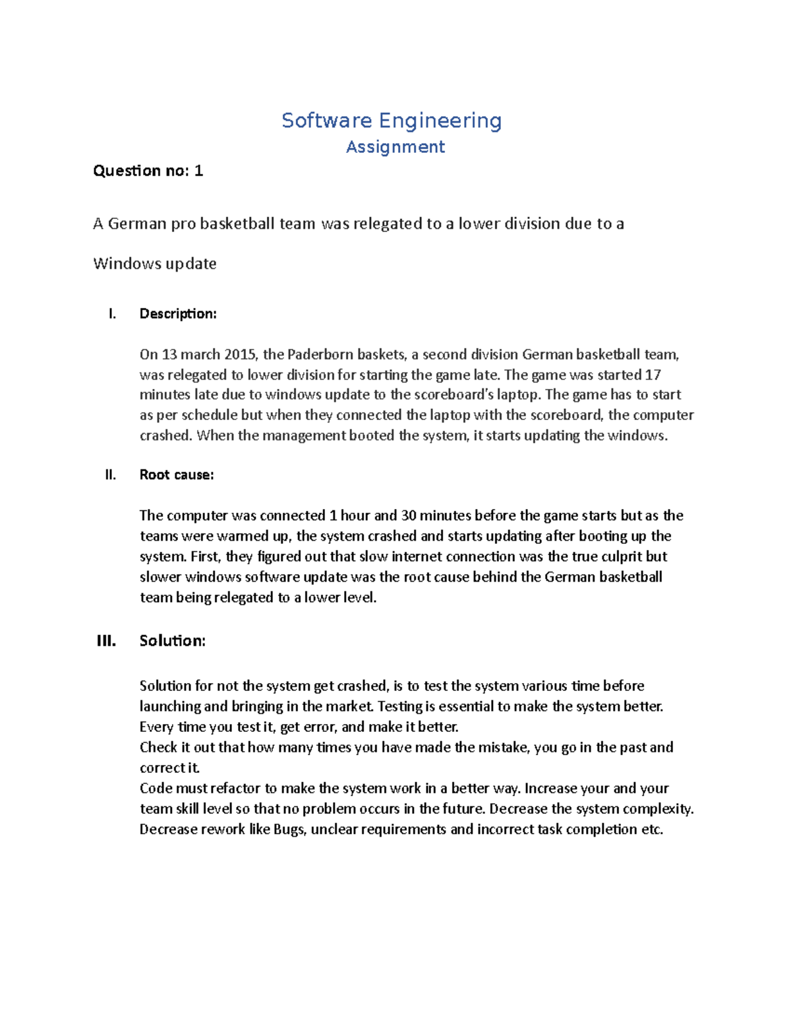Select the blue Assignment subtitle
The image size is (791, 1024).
[x=395, y=147]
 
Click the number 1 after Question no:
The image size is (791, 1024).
[x=198, y=171]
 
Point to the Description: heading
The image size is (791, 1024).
[x=178, y=314]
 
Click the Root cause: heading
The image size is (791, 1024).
[x=177, y=475]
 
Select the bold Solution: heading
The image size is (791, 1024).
[x=173, y=641]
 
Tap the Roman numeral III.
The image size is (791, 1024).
[x=106, y=641]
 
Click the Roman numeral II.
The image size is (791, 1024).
[x=110, y=475]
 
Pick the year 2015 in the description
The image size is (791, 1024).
[x=241, y=355]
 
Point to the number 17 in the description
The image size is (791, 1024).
[x=653, y=375]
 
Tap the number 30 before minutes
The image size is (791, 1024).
[x=408, y=516]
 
